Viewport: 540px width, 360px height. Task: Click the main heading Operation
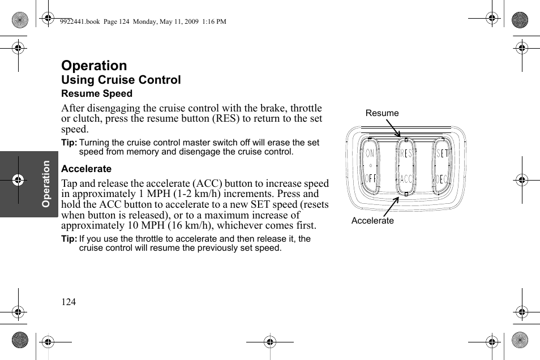[x=94, y=66]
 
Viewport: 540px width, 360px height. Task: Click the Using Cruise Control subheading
[x=121, y=80]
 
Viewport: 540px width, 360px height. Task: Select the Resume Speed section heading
[x=97, y=94]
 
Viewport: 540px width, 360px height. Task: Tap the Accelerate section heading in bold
[x=86, y=169]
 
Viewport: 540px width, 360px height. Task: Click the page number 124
[x=68, y=302]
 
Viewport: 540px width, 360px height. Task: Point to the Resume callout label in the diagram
[x=382, y=113]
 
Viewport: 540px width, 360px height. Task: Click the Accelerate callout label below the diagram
[x=372, y=221]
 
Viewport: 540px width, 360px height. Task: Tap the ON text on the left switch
[x=370, y=153]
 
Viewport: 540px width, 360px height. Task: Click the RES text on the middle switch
[x=406, y=153]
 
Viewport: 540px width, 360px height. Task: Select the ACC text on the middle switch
[x=406, y=179]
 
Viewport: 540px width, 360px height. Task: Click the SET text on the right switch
[x=442, y=153]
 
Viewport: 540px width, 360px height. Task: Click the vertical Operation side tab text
[x=46, y=183]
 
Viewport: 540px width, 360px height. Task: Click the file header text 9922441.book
[x=79, y=22]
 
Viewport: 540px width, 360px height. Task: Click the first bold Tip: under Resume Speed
[x=69, y=143]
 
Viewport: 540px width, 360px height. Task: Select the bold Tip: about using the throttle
[x=69, y=239]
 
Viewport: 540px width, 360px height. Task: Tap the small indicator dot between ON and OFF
[x=370, y=166]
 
